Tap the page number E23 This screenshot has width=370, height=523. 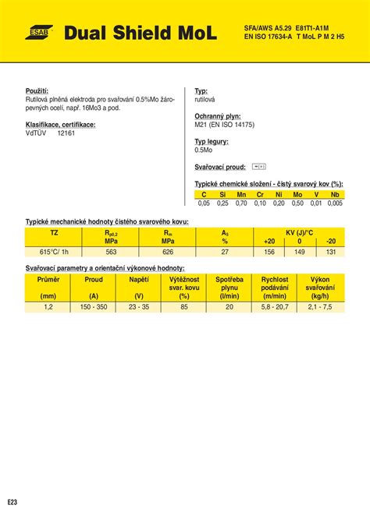pyautogui.click(x=12, y=500)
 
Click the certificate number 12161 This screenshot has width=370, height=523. pyautogui.click(x=66, y=133)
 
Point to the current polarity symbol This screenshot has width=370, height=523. pyautogui.click(x=260, y=166)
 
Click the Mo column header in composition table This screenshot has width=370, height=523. pyautogui.click(x=297, y=194)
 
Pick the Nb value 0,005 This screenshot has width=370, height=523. pyautogui.click(x=335, y=203)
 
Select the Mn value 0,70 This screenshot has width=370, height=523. pyautogui.click(x=241, y=203)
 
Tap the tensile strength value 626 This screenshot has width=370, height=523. pyautogui.click(x=168, y=251)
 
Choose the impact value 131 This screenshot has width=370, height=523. pyautogui.click(x=330, y=251)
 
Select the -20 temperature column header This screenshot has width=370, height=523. pyautogui.click(x=330, y=242)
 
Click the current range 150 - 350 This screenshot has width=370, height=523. pyautogui.click(x=94, y=307)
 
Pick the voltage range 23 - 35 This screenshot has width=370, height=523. pyautogui.click(x=139, y=307)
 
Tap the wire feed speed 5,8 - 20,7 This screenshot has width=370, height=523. pyautogui.click(x=275, y=307)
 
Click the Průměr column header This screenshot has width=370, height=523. pyautogui.click(x=48, y=278)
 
